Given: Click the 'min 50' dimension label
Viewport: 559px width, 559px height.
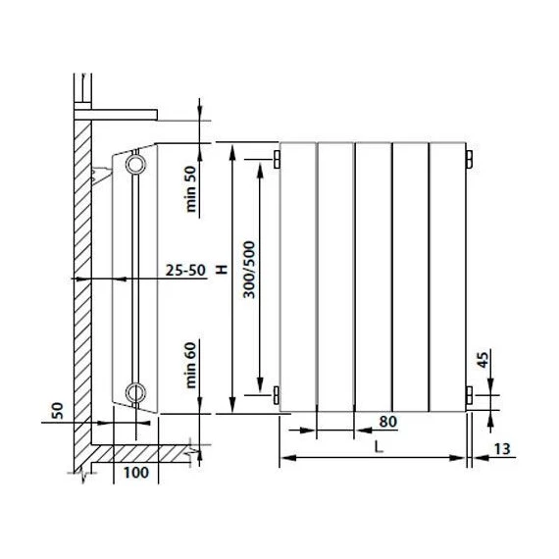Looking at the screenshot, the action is click(x=191, y=189).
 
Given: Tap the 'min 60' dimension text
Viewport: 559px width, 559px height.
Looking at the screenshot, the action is click(x=191, y=365).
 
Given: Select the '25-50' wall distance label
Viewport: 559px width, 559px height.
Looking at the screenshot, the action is click(x=185, y=271).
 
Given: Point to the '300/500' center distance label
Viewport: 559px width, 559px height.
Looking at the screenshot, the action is click(x=249, y=270).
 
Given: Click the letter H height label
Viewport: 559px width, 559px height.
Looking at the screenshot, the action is click(x=222, y=270).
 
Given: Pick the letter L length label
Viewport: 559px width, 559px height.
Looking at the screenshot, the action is click(x=379, y=446).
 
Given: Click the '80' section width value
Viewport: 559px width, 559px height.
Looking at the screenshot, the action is click(x=388, y=422).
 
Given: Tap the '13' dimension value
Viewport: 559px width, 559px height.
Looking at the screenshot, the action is click(x=502, y=449).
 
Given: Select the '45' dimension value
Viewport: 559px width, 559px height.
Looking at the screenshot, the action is click(x=483, y=360).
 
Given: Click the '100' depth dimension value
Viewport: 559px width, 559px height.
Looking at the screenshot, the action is click(x=136, y=473).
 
